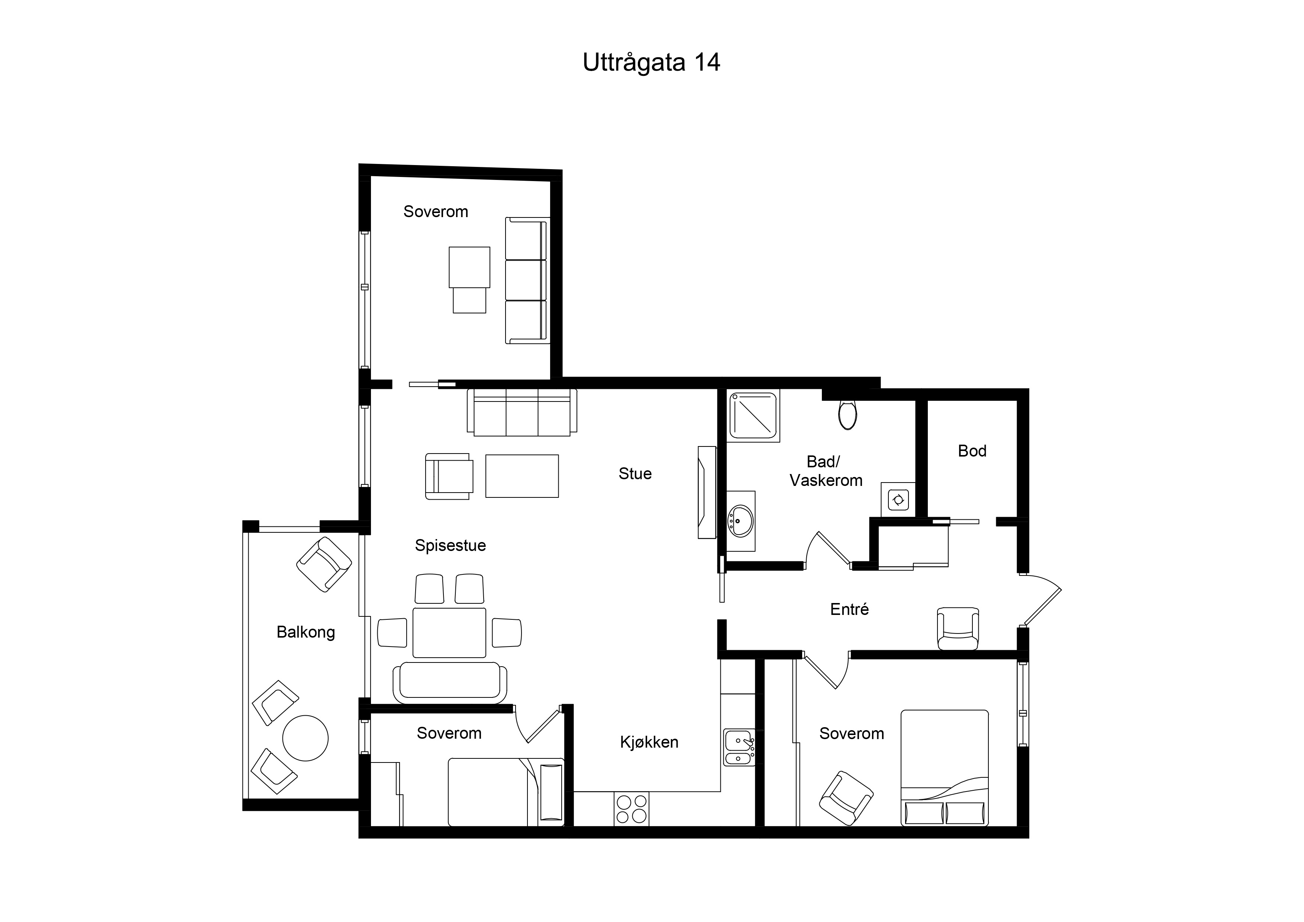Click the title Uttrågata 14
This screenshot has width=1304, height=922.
click(x=651, y=62)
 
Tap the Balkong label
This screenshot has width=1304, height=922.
click(x=306, y=632)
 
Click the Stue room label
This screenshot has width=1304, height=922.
click(x=635, y=473)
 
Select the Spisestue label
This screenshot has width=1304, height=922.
click(x=451, y=545)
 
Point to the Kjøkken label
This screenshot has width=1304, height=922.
click(x=649, y=742)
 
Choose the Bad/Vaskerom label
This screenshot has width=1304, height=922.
click(x=826, y=471)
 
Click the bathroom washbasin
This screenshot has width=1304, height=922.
click(x=740, y=520)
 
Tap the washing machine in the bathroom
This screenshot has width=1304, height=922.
click(x=898, y=500)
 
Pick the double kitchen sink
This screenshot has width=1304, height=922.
click(x=739, y=748)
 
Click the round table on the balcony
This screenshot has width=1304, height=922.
click(x=306, y=738)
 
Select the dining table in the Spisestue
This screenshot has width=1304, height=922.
click(x=449, y=632)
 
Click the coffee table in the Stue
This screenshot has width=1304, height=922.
click(x=522, y=476)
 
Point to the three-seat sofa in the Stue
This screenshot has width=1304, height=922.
click(x=522, y=412)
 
